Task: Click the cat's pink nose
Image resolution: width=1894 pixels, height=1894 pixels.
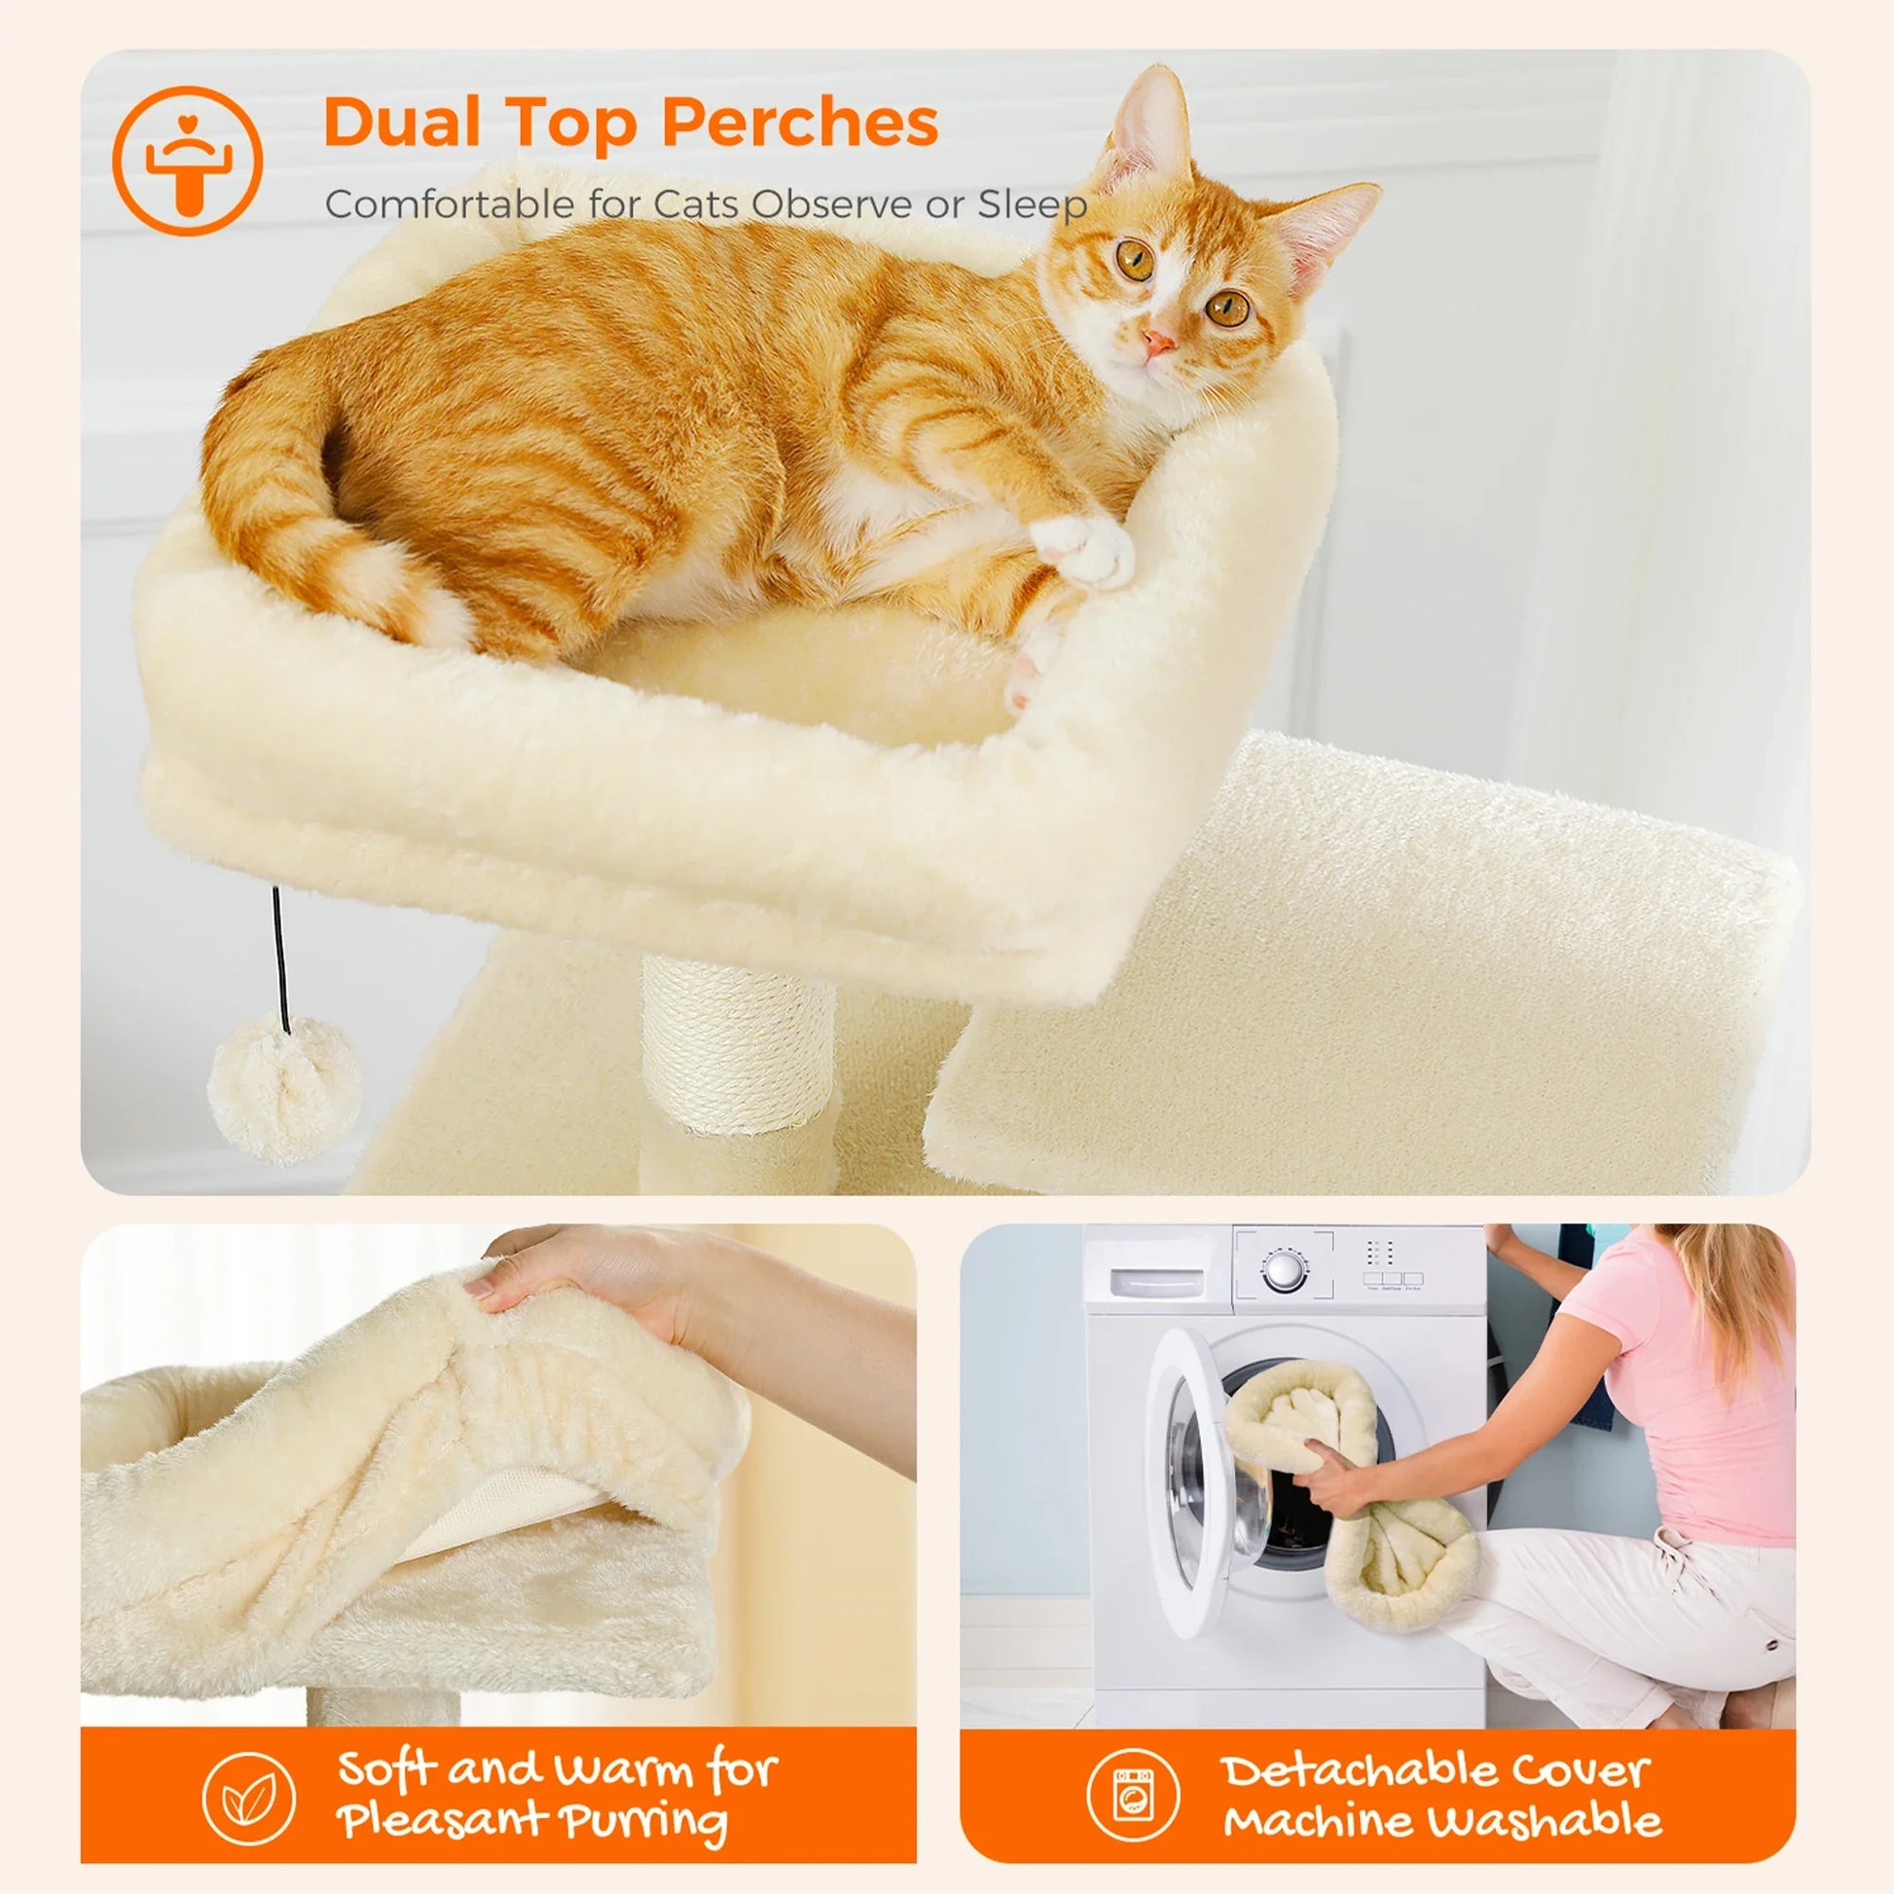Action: (1158, 343)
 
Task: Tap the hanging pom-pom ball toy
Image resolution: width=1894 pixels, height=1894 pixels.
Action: (285, 1088)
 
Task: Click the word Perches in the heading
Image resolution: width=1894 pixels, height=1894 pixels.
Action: (800, 124)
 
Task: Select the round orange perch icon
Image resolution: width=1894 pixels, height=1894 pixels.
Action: (187, 161)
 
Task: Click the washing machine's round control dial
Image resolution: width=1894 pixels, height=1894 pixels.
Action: (1282, 1270)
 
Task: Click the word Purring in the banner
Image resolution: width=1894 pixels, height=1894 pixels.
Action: (644, 1821)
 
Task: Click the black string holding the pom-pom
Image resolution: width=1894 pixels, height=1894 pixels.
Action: (281, 956)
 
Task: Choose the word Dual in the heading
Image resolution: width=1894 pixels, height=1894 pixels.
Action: (402, 124)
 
